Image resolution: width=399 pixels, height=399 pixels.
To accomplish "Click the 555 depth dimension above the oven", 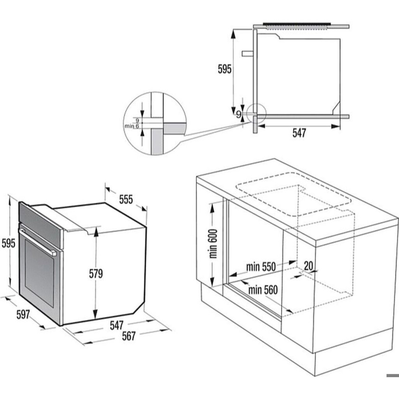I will pyautogui.click(x=126, y=200).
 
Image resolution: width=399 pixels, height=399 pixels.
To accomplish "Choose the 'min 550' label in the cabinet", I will pyautogui.click(x=260, y=267).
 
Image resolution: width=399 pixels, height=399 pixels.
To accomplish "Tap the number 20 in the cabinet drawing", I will pyautogui.click(x=308, y=266).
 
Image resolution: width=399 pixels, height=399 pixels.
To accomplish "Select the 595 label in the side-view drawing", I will pyautogui.click(x=224, y=70).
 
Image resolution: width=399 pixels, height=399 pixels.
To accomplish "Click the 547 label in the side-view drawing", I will pyautogui.click(x=299, y=133).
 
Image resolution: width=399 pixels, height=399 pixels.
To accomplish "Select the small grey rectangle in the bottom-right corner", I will pyautogui.click(x=392, y=376).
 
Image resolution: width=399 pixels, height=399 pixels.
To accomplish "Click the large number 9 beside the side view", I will pyautogui.click(x=239, y=114).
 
